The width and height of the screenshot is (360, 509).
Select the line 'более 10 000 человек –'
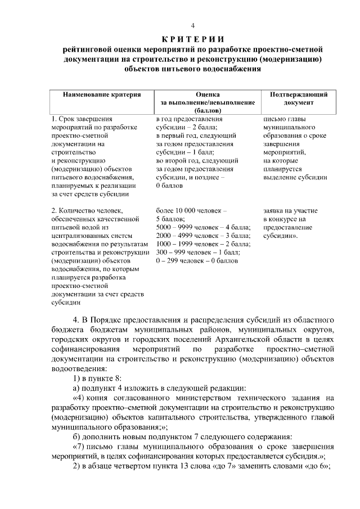coord(191,211)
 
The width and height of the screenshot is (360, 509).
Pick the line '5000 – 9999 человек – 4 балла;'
coord(203,227)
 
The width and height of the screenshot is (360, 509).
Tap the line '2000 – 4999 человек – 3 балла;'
coord(203,235)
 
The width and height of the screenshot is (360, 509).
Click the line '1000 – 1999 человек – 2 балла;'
coord(203,244)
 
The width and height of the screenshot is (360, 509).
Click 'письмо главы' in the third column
coord(285,119)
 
